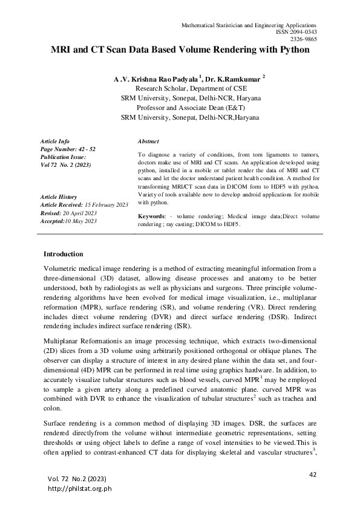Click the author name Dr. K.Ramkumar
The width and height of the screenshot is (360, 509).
coord(231,79)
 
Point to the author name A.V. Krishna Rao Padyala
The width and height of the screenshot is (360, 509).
coord(155,79)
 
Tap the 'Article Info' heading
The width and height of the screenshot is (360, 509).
coord(54,140)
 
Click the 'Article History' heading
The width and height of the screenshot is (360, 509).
coord(59,197)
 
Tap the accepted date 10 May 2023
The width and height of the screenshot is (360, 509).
coord(80,221)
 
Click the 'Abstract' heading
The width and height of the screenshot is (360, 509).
coord(148,140)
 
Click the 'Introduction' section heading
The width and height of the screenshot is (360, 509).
coord(64,254)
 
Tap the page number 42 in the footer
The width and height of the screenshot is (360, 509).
coord(313,475)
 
